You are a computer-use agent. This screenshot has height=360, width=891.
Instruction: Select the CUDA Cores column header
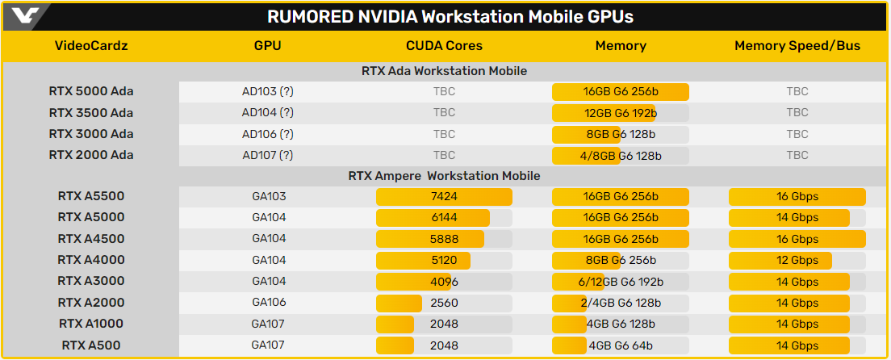[x=444, y=46]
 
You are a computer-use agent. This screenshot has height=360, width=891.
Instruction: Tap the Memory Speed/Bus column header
[x=797, y=46]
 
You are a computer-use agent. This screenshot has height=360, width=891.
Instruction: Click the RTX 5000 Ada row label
[x=91, y=92]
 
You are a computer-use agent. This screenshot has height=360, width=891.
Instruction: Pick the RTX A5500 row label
[x=91, y=196]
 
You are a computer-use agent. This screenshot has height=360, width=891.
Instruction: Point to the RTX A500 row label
[x=91, y=345]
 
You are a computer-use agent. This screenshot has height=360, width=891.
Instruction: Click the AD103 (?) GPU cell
[x=268, y=92]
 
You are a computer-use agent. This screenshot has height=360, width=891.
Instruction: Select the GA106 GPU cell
[x=268, y=303]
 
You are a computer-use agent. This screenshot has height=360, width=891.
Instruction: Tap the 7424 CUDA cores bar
[x=444, y=197]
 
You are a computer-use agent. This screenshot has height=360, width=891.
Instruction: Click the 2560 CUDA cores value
[x=444, y=303]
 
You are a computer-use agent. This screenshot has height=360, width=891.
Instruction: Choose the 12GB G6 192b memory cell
[x=620, y=113]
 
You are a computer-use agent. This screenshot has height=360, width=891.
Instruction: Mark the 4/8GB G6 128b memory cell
[x=620, y=155]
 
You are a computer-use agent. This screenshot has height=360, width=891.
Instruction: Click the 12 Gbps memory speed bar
[x=797, y=260]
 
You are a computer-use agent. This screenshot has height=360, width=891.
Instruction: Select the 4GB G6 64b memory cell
[x=620, y=345]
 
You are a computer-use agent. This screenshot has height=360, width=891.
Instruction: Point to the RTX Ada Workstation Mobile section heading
[x=444, y=71]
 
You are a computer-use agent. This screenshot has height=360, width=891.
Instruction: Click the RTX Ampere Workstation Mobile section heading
[x=444, y=175]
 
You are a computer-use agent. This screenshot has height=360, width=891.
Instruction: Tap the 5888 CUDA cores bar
[x=444, y=239]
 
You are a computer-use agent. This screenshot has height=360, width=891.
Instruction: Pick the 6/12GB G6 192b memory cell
[x=620, y=282]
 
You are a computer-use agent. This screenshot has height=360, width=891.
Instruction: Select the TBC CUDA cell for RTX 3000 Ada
[x=444, y=134]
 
